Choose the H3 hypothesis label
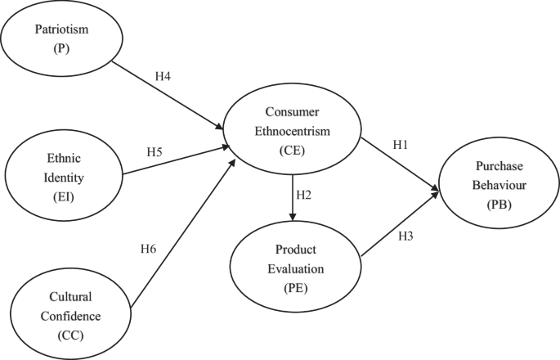[x=406, y=237]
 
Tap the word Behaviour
[x=497, y=187]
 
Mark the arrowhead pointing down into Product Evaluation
[x=292, y=216]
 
